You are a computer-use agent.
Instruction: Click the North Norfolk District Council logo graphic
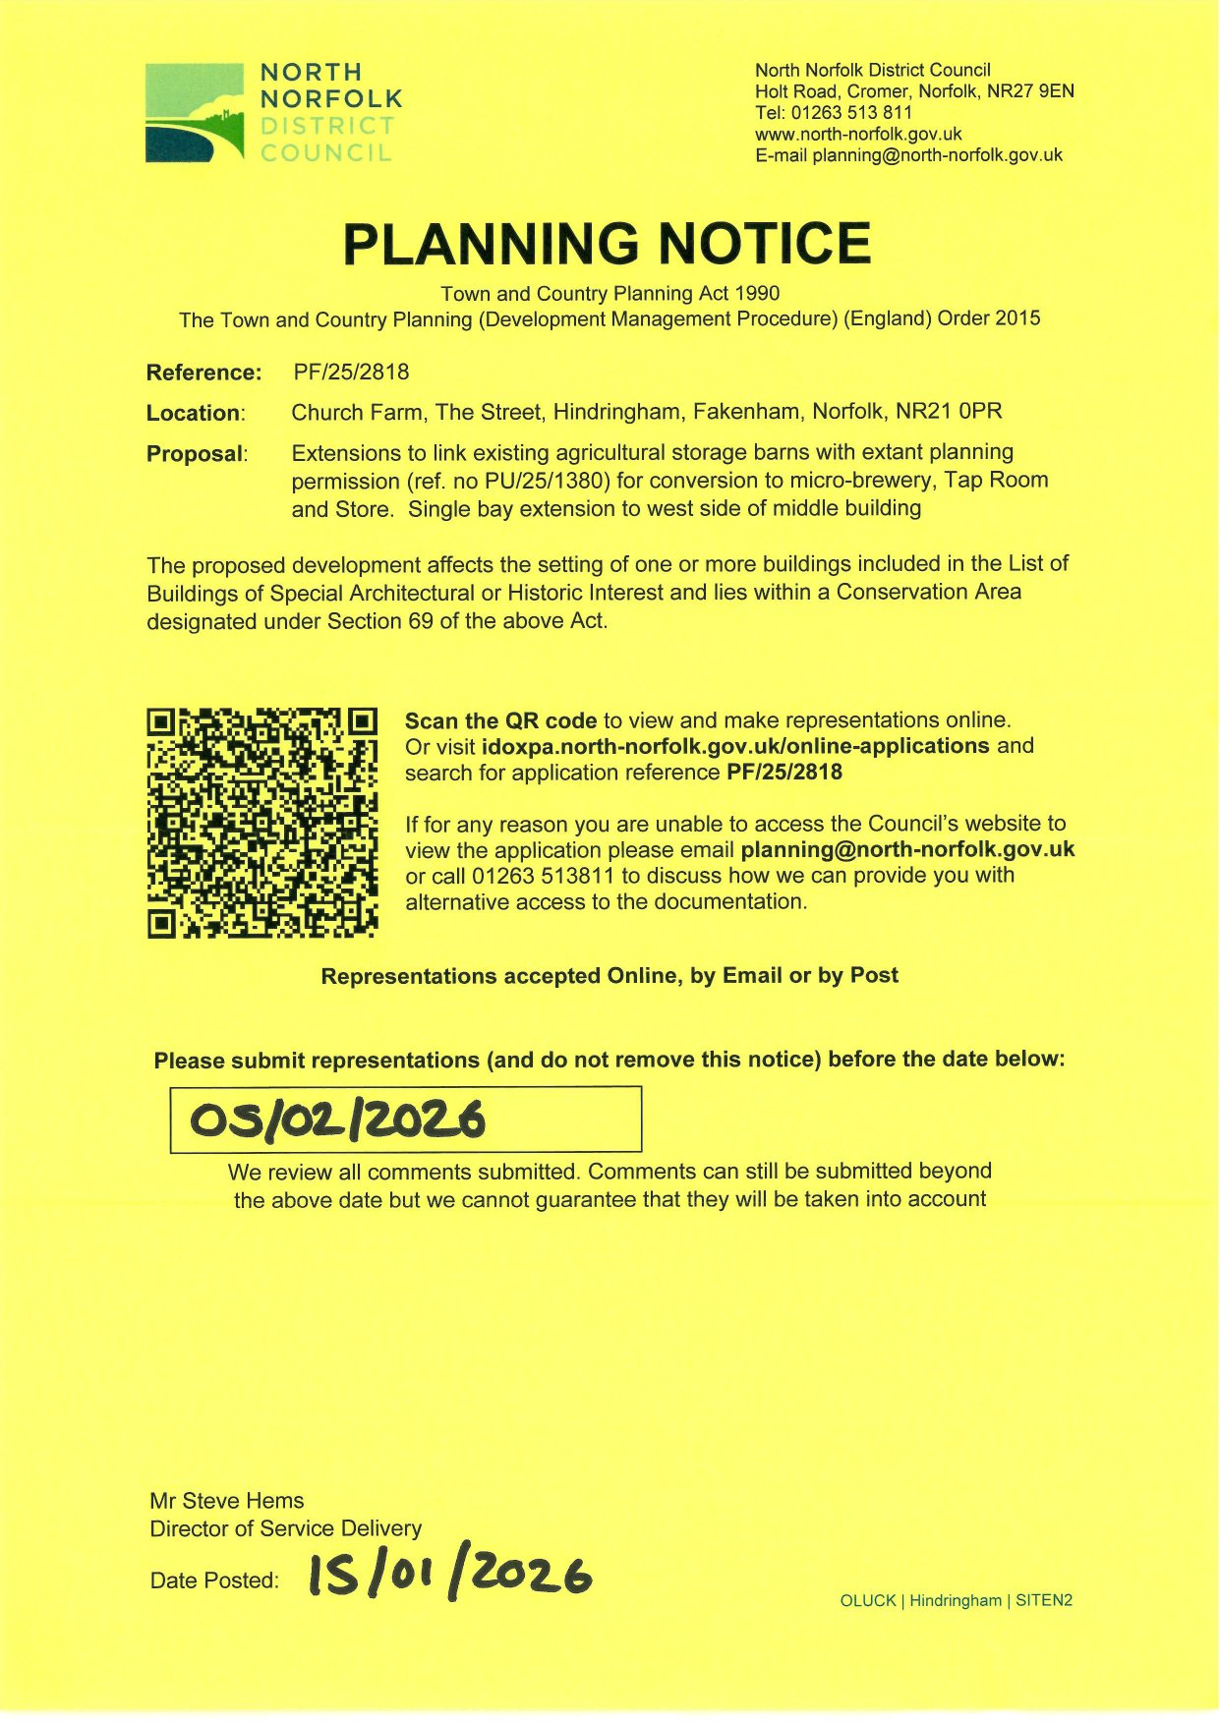click(195, 112)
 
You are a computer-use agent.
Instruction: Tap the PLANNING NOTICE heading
click(607, 244)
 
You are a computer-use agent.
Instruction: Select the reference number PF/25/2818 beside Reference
click(351, 373)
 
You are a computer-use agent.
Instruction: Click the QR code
click(262, 823)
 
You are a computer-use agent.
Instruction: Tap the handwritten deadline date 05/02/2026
click(337, 1120)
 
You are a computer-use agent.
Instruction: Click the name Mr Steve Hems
click(227, 1501)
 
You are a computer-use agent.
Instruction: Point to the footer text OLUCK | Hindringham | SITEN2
click(956, 1600)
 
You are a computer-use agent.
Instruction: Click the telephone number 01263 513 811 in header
click(851, 113)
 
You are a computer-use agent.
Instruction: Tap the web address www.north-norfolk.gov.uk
click(858, 134)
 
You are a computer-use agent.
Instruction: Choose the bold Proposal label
click(196, 454)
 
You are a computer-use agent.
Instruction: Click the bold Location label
click(195, 414)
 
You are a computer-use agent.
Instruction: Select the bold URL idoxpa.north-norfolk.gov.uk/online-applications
click(735, 746)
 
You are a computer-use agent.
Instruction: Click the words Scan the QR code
click(500, 720)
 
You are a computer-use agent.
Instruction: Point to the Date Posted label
click(214, 1580)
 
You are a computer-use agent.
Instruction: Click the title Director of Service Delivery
click(285, 1528)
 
